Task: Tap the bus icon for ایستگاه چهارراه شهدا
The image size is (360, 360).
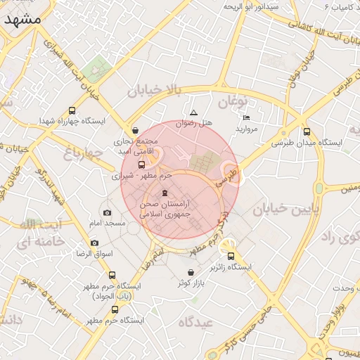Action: [x=72, y=110]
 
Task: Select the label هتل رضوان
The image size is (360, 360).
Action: [x=195, y=123]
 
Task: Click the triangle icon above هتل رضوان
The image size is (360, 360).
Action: [x=194, y=112]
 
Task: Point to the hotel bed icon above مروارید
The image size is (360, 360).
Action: [x=246, y=117]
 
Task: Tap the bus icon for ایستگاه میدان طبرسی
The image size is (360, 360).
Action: [x=307, y=131]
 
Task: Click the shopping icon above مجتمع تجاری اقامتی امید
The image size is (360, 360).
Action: [x=135, y=130]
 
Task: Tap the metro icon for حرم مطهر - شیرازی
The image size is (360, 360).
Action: [x=141, y=165]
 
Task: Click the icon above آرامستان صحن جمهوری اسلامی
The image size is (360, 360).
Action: [x=165, y=193]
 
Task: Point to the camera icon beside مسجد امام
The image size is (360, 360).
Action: [x=107, y=212]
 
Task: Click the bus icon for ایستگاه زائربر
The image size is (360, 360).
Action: [x=231, y=257]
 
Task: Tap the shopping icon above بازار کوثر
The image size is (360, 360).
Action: [x=191, y=273]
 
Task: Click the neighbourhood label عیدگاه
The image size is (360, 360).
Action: [x=195, y=321]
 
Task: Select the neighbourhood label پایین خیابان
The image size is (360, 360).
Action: [x=286, y=208]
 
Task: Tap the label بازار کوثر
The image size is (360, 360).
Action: [x=193, y=283]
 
